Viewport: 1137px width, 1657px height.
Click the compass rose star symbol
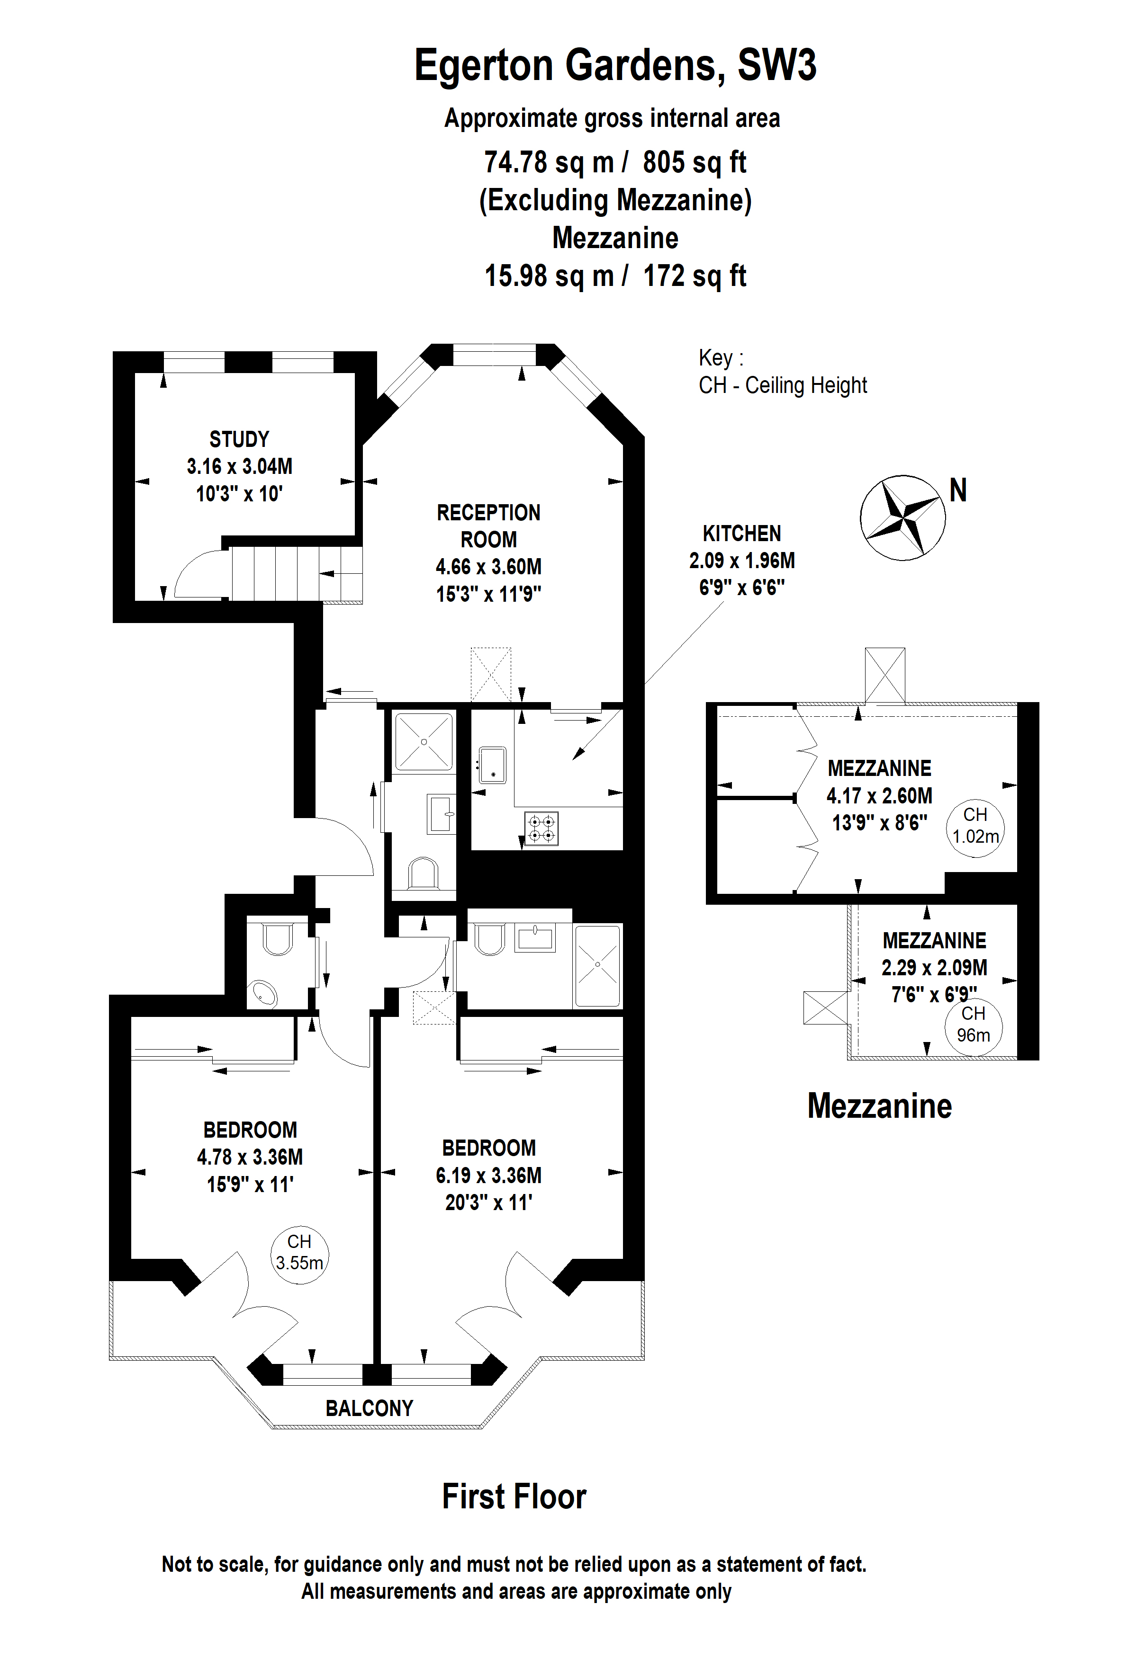coord(902,517)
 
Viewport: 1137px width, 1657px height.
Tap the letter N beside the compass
coord(958,490)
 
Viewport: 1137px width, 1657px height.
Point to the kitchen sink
coord(492,765)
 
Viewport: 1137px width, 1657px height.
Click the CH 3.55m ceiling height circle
coord(299,1256)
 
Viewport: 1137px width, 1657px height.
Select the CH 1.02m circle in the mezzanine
coord(975,827)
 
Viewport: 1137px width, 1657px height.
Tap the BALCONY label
coord(370,1408)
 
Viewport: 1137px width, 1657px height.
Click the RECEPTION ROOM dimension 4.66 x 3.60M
coord(488,567)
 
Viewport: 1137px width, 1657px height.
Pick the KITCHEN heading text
coord(742,534)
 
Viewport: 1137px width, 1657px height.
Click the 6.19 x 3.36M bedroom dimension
coord(488,1175)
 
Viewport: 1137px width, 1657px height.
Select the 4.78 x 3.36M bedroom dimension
coord(250,1157)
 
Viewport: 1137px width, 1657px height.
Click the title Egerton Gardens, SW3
coord(615,66)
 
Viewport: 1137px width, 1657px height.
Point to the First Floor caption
coord(514,1497)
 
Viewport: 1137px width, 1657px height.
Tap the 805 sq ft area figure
coord(694,162)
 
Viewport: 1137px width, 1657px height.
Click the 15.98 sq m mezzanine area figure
coord(549,276)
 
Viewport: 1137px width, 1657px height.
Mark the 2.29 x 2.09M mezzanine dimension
coord(934,968)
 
